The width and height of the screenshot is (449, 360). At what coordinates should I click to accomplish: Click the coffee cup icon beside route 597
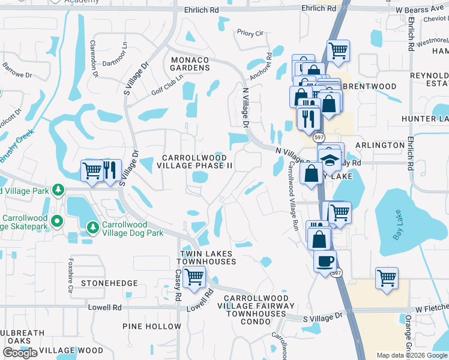325,262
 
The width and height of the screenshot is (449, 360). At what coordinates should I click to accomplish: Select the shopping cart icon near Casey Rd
195,278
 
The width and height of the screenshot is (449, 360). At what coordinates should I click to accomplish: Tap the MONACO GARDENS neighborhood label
190,64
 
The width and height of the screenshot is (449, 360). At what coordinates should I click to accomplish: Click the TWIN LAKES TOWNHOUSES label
204,258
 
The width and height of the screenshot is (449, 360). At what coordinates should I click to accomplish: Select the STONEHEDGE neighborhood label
110,283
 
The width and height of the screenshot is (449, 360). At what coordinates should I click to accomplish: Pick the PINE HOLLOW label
152,326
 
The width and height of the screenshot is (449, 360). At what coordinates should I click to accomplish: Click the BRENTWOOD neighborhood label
369,86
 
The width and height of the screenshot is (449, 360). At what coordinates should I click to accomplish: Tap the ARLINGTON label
380,145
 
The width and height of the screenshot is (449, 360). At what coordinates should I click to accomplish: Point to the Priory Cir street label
250,33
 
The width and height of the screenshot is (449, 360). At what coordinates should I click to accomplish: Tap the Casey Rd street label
178,285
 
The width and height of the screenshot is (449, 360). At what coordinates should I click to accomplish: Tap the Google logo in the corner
20,353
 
